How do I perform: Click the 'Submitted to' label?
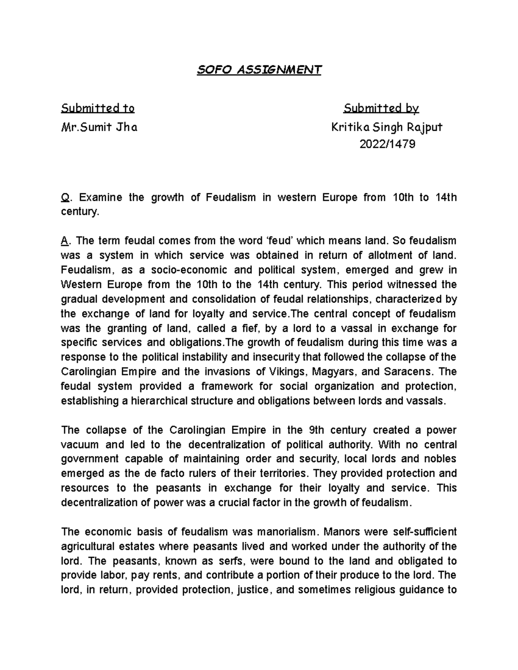click(x=98, y=108)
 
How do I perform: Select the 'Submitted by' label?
click(x=382, y=108)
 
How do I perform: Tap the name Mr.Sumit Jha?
click(x=100, y=127)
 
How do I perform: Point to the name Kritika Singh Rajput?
click(x=387, y=127)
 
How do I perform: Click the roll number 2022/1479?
click(x=387, y=144)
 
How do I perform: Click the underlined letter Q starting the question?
click(x=65, y=198)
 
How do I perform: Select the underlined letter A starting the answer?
click(x=64, y=240)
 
